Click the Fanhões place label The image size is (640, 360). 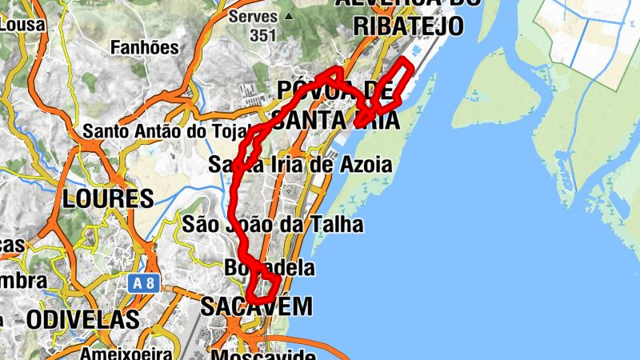pyautogui.click(x=145, y=47)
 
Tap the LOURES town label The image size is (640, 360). pyautogui.click(x=108, y=198)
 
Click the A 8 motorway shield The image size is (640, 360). pyautogui.click(x=141, y=282)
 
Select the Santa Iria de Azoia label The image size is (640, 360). pyautogui.click(x=300, y=166)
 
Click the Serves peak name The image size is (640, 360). pyautogui.click(x=253, y=16)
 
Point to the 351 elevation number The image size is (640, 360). pyautogui.click(x=262, y=35)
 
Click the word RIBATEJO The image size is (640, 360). pyautogui.click(x=408, y=26)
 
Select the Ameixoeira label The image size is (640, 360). pyautogui.click(x=126, y=353)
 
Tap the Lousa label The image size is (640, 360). pyautogui.click(x=22, y=24)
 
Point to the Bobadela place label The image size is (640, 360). pyautogui.click(x=270, y=267)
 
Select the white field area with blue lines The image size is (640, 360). pyautogui.click(x=588, y=36)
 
